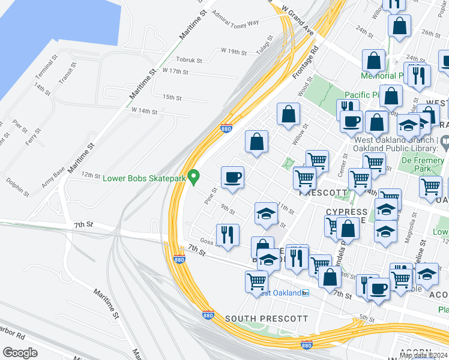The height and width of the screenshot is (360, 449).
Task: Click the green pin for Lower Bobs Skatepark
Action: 193,177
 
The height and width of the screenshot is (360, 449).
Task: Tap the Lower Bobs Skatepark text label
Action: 144,178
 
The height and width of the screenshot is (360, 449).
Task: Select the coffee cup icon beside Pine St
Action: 232,177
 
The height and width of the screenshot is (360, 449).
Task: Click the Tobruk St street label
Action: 191,59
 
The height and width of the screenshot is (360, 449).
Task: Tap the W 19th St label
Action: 234,52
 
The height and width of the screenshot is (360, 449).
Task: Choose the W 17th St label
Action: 175,71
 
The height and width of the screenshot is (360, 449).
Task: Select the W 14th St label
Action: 145,111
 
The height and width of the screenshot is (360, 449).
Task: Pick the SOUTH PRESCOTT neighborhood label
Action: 267,319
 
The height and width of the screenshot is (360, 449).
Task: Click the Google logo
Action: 20,353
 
